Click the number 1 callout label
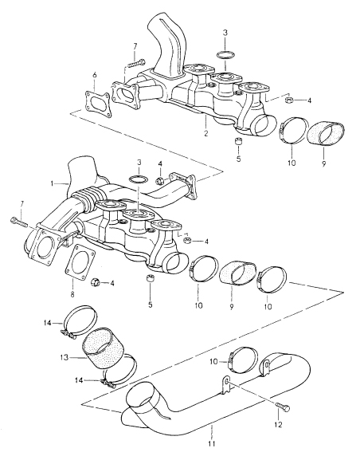pyautogui.click(x=52, y=183)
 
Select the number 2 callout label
pyautogui.click(x=206, y=133)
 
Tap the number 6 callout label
pyautogui.click(x=95, y=75)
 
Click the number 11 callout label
pyautogui.click(x=212, y=444)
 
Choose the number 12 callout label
pyautogui.click(x=278, y=425)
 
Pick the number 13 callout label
pyautogui.click(x=65, y=357)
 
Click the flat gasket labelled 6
pyautogui.click(x=98, y=104)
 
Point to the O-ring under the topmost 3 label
pyautogui.click(x=225, y=55)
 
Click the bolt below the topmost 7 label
pyautogui.click(x=136, y=63)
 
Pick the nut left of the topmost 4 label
pyautogui.click(x=289, y=100)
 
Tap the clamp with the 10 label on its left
pyautogui.click(x=244, y=360)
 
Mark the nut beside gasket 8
pyautogui.click(x=96, y=281)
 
